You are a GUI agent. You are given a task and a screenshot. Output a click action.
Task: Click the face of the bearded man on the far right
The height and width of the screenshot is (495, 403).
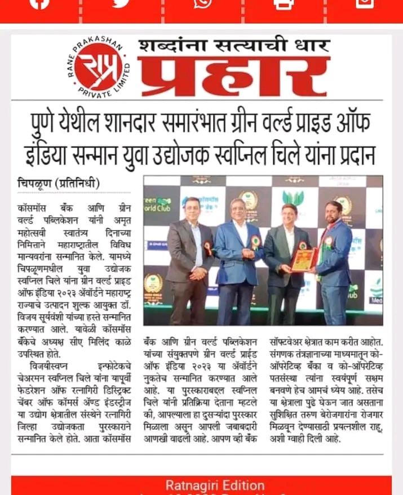click(x=334, y=213)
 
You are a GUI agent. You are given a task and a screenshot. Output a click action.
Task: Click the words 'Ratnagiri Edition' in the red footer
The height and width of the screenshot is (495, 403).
click(x=214, y=485)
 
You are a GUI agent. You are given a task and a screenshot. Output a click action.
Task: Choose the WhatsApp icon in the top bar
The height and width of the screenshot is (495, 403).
click(x=202, y=3)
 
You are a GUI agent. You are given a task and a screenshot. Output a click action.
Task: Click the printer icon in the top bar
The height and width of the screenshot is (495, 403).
click(x=283, y=3)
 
